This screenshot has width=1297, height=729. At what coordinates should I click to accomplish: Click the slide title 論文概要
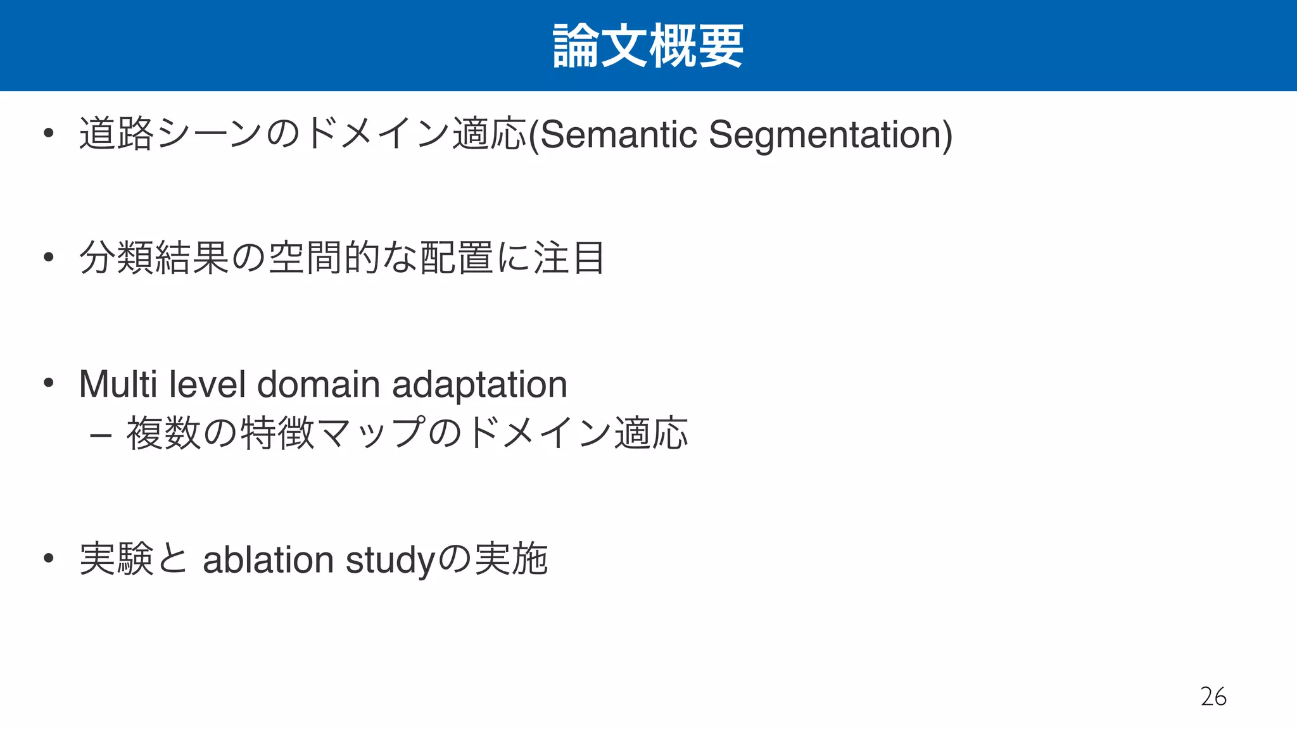pos(648,46)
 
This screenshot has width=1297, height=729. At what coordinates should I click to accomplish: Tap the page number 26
pos(1213,697)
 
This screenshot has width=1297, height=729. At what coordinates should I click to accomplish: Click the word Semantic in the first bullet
pos(619,134)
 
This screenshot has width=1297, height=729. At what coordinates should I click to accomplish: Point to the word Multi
pos(118,384)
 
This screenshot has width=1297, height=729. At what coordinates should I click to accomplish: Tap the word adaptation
pos(479,384)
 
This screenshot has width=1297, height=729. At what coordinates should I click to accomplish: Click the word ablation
pos(268,559)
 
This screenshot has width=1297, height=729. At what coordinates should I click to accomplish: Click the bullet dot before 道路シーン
pos(48,133)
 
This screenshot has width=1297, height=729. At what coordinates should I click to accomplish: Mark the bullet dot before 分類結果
pos(48,257)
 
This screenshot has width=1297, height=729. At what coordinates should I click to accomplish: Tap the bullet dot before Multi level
pos(48,382)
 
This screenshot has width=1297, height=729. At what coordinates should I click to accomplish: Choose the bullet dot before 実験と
pos(48,558)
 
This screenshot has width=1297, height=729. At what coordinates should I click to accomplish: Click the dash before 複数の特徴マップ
pos(101,435)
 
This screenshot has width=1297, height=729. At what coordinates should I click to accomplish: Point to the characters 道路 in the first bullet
pos(117,134)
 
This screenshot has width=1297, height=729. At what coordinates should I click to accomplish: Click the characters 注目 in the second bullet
pos(569,258)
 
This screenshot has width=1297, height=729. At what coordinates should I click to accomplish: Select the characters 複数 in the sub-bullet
pos(163,433)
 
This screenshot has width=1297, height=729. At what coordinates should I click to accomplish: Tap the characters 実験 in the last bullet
pos(117,559)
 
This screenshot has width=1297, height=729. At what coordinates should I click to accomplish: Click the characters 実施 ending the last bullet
pos(511,559)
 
